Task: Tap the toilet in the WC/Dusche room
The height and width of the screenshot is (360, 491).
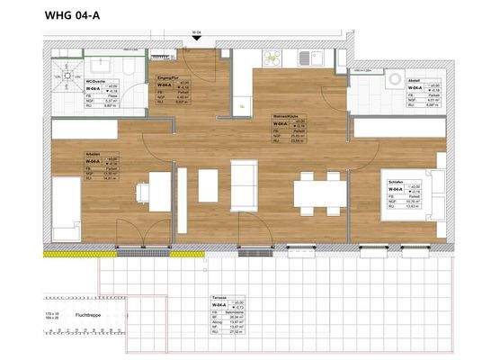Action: pos(129,72)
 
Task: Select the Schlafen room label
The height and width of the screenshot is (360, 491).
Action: pos(394,184)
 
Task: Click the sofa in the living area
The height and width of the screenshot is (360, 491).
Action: pos(244,184)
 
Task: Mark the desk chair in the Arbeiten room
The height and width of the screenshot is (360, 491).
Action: pos(142,193)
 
